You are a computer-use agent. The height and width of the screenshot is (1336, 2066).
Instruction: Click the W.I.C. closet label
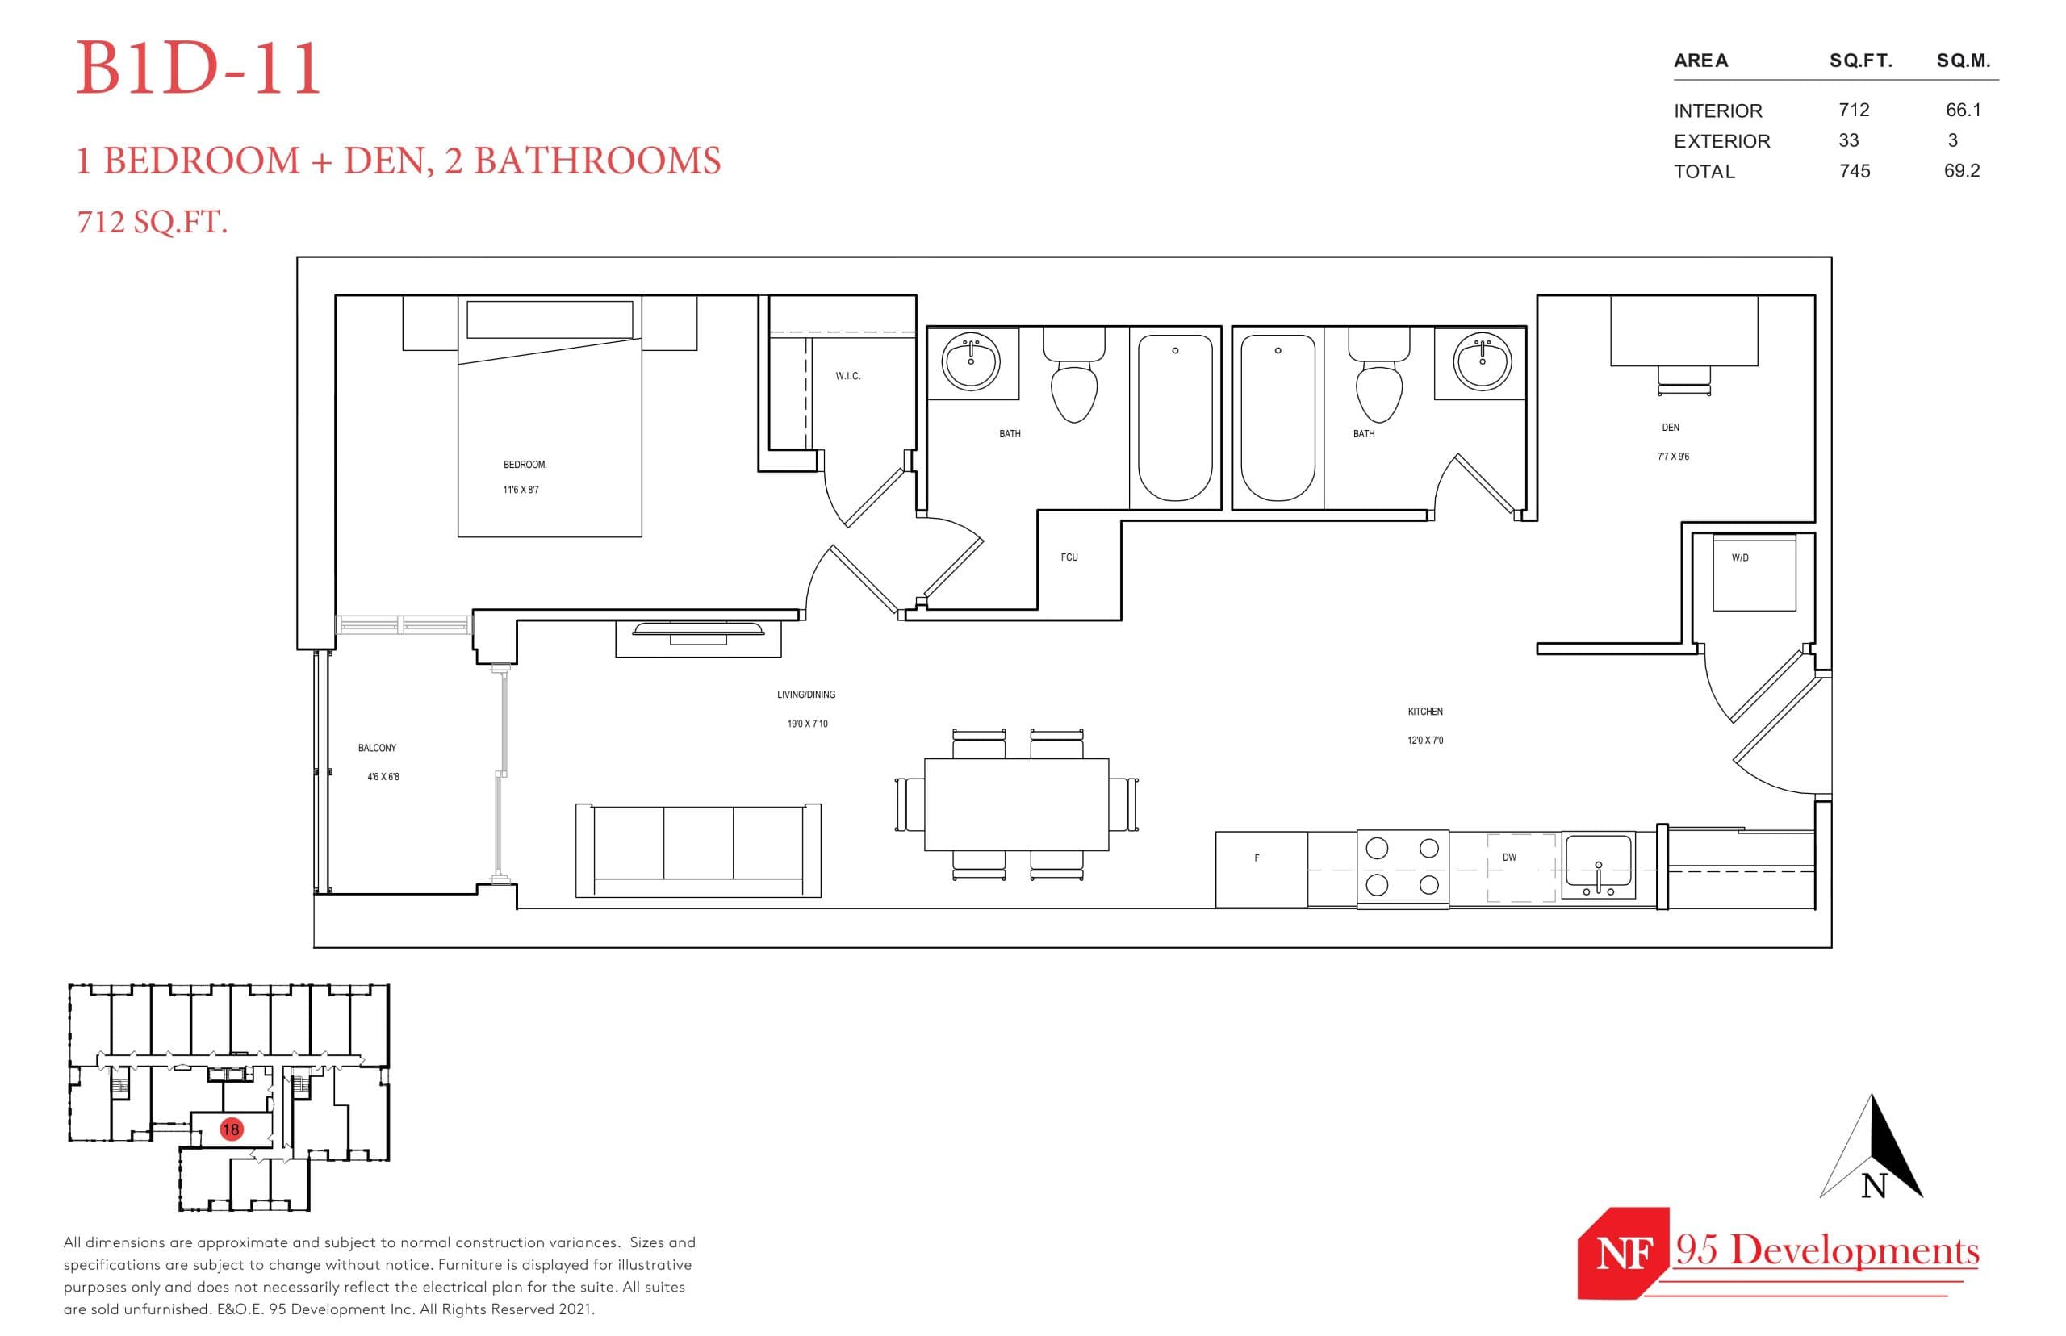tap(847, 376)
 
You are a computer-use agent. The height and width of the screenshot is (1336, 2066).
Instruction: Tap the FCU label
tap(1069, 557)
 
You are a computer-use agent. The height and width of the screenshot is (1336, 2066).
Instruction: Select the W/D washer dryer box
tap(1753, 574)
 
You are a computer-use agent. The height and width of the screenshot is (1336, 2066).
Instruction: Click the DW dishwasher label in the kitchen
tap(1509, 857)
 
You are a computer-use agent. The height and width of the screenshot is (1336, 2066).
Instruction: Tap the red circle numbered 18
tap(230, 1129)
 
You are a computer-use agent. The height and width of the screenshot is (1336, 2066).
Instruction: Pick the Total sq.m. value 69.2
tap(1961, 171)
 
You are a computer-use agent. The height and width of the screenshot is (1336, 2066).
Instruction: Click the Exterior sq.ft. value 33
tap(1847, 140)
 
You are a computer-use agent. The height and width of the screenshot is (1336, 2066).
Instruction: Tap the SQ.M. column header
tap(1963, 61)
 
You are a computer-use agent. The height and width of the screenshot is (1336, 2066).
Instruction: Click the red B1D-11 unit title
tap(199, 69)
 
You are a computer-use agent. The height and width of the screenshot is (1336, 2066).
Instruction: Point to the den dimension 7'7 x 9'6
tap(1672, 457)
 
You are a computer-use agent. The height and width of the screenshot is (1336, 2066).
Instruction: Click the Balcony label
tap(377, 748)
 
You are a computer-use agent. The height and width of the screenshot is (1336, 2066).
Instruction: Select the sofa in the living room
tap(697, 850)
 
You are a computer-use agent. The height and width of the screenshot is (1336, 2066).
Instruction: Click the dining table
tap(1015, 804)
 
